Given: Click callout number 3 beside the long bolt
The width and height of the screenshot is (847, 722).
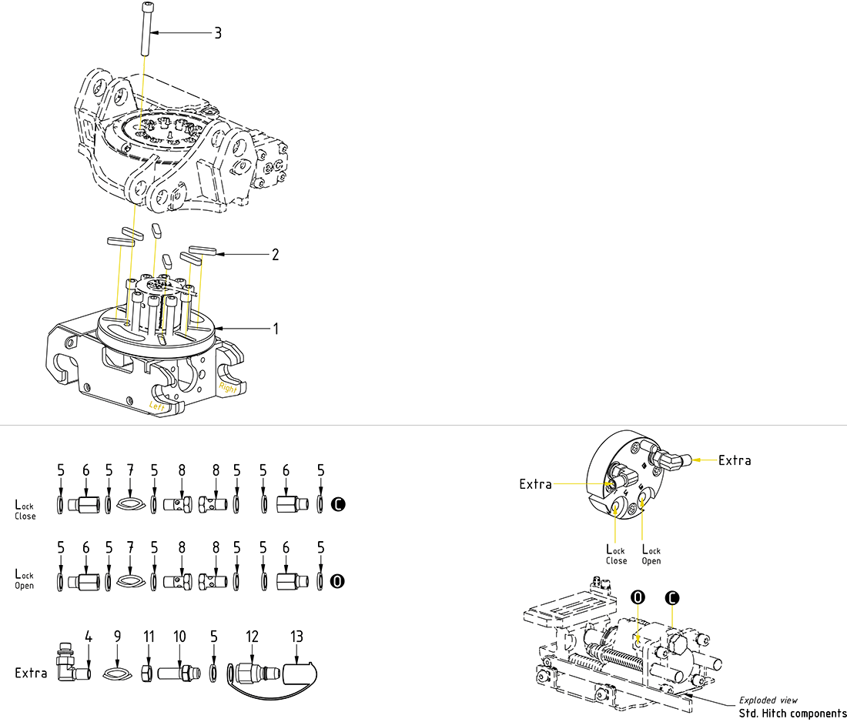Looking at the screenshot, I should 218,33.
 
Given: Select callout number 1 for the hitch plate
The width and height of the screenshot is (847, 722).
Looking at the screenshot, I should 275,328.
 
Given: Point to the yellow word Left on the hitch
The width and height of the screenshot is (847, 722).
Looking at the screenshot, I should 157,404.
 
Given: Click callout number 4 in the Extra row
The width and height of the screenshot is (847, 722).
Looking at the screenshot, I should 89,637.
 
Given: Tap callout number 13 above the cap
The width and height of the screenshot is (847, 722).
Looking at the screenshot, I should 296,637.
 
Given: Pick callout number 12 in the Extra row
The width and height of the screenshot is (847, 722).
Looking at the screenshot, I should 253,637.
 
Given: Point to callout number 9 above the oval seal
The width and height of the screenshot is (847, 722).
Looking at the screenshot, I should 117,637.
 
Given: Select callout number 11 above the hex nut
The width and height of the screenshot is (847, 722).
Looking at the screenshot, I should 149,637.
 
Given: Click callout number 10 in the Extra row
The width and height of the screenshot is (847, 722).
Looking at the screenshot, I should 179,637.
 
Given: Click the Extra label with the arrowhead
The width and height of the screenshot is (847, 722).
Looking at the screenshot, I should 734,460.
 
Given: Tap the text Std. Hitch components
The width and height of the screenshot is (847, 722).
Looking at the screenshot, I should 792,713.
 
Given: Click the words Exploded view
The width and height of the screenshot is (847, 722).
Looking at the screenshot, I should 768,700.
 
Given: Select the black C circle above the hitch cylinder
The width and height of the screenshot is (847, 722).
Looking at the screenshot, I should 672,597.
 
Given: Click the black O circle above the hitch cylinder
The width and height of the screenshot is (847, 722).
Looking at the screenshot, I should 637,597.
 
